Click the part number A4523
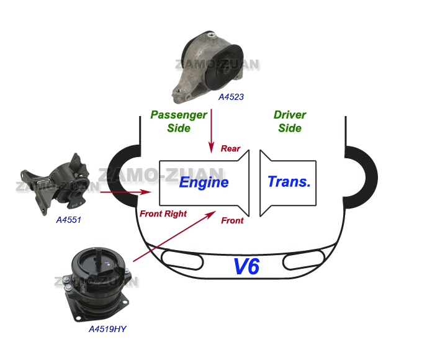coord(231,97)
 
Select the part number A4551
coord(69,219)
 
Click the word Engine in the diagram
coord(204,182)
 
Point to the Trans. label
coord(289,182)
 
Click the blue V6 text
coord(246,266)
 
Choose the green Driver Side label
coord(290,122)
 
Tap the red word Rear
coord(230,149)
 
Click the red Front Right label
coord(163,214)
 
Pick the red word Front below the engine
coord(232,220)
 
